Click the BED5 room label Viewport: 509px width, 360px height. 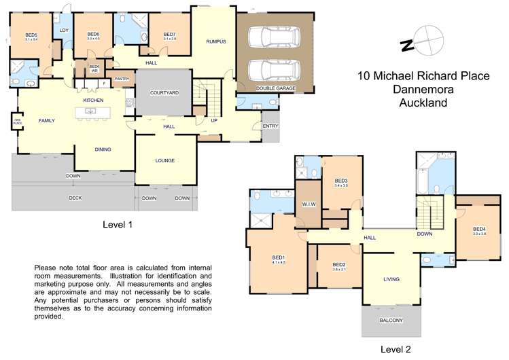point(31,35)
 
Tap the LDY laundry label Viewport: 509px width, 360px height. point(64,31)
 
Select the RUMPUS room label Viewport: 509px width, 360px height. point(216,42)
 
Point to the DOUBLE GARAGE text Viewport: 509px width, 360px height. point(275,88)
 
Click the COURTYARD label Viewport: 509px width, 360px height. point(164,92)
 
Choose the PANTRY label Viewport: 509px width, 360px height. point(122,79)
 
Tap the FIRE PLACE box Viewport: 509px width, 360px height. point(16,122)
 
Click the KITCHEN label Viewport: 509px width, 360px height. point(93,101)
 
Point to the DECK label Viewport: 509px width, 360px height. point(75,198)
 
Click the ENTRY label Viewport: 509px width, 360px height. point(270,126)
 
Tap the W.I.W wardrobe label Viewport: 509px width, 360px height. point(307,204)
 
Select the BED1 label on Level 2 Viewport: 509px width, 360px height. point(279,257)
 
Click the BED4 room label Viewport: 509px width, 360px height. point(479,229)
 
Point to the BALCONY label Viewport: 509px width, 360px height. point(391,321)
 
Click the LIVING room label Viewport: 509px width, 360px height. point(391,279)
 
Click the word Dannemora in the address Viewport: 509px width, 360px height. point(423,90)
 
